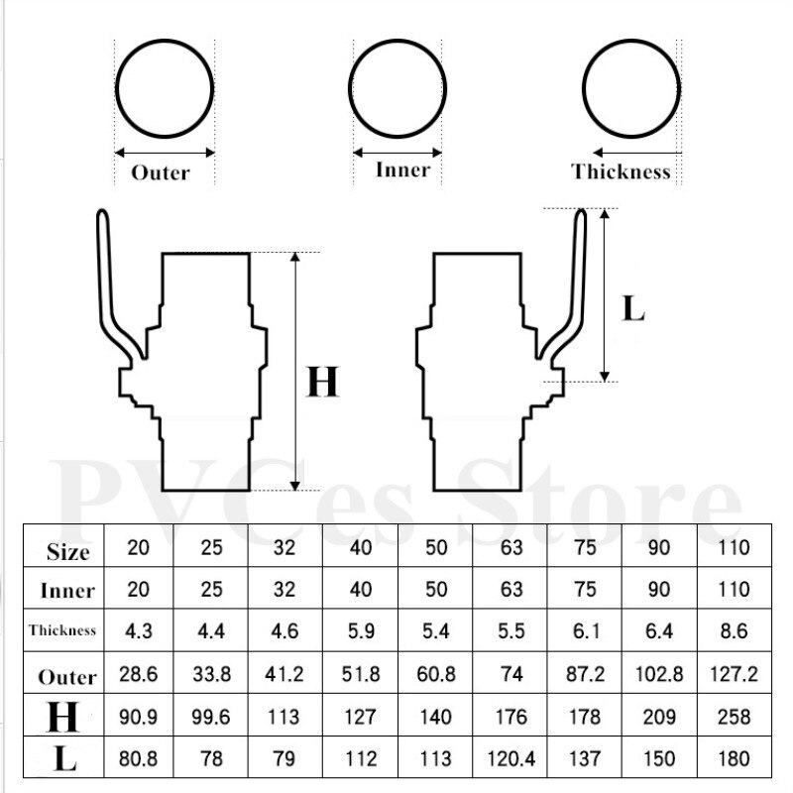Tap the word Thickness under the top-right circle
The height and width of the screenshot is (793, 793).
(622, 171)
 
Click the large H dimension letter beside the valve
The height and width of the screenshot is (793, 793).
(323, 382)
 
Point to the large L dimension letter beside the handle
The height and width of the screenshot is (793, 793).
(633, 308)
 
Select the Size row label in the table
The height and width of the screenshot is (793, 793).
(67, 551)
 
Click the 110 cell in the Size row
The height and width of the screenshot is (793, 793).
(734, 547)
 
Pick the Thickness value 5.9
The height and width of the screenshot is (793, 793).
(361, 631)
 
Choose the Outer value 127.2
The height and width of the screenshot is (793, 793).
(734, 674)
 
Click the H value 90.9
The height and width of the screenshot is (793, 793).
(138, 717)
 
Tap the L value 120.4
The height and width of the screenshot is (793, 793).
(511, 758)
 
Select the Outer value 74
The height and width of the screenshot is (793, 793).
(511, 674)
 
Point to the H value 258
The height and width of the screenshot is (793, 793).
(734, 717)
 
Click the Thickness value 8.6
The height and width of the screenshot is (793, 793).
(734, 631)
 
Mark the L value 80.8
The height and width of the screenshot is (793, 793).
(138, 758)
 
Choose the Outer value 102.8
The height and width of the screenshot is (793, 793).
(659, 674)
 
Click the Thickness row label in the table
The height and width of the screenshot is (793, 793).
(62, 630)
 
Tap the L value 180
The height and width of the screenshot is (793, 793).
(734, 758)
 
